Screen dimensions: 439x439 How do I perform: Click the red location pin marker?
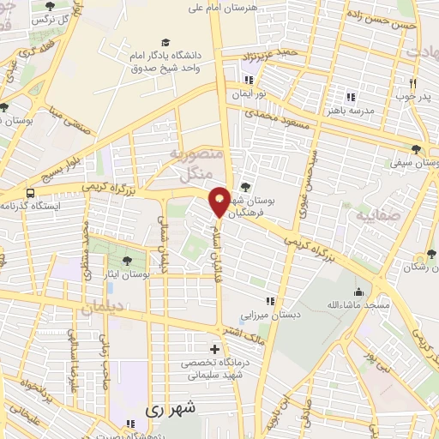tap(219, 202)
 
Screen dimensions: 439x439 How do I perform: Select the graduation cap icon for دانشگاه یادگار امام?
tap(165, 42)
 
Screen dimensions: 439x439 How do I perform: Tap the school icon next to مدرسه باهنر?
tap(350, 96)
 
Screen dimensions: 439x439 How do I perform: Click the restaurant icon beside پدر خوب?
tap(413, 84)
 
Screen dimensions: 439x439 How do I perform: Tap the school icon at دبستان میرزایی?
tap(270, 301)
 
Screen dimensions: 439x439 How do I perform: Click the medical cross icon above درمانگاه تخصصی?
tap(214, 349)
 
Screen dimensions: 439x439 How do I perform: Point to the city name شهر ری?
tap(172, 410)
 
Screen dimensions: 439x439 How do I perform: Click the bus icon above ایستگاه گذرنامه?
tap(32, 193)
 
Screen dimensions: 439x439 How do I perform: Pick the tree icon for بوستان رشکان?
tap(431, 255)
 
